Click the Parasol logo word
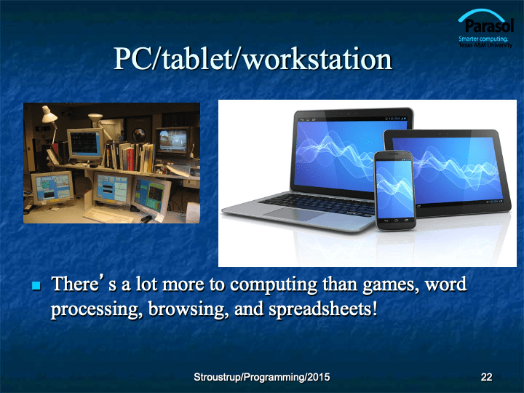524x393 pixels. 489,26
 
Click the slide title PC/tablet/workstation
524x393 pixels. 253,59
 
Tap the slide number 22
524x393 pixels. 486,377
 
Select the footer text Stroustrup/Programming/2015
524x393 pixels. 262,377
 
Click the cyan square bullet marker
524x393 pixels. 36,286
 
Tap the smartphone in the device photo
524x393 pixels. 395,191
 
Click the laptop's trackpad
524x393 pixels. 290,214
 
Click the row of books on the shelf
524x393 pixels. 130,156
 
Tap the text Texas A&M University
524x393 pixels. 485,45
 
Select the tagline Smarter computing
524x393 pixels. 483,39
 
